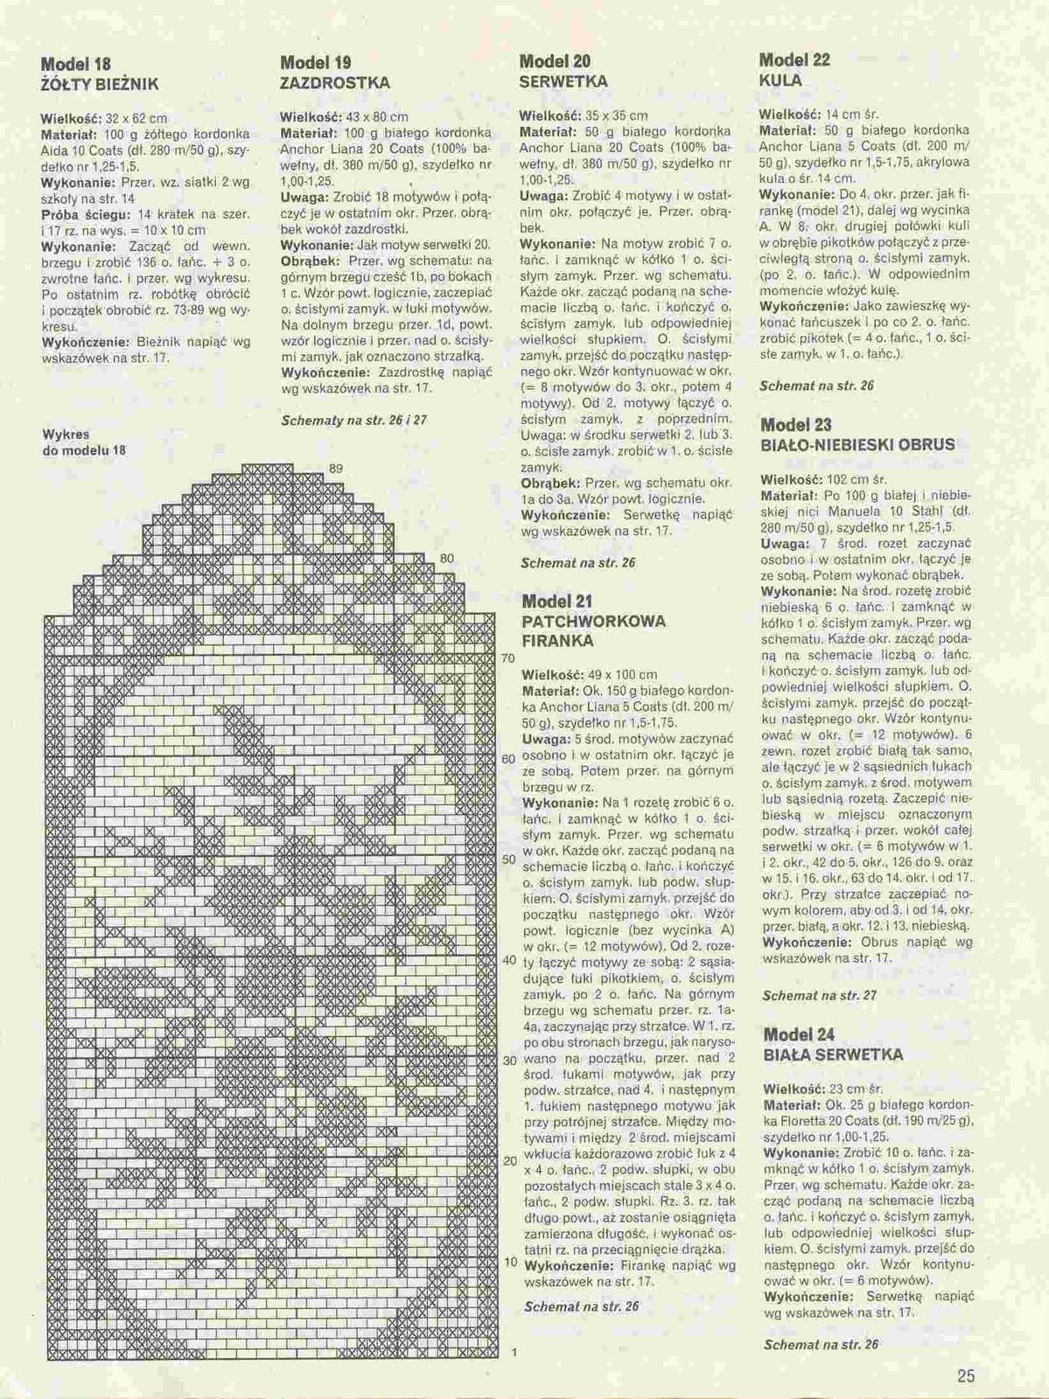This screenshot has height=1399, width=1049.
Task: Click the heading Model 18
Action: coord(76,64)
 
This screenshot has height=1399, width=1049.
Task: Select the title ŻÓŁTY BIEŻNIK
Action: coord(99,85)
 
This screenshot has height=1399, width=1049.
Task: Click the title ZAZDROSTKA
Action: coord(335,83)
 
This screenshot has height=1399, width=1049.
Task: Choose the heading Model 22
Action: coord(794,60)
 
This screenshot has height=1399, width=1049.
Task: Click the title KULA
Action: coord(780,80)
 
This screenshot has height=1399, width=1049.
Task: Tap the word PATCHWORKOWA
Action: coord(593,621)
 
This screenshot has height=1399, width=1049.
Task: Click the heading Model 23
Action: coord(796,425)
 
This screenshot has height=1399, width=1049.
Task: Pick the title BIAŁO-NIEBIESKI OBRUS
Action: coord(857,445)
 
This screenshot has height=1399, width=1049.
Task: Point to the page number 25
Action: coord(966,1375)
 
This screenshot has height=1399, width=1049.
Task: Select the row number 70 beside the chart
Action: coord(507,658)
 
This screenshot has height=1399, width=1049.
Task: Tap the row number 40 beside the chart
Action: coord(509,960)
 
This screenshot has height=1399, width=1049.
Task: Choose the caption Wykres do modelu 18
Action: coord(84,442)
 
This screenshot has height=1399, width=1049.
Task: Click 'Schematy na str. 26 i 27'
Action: coord(353,420)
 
